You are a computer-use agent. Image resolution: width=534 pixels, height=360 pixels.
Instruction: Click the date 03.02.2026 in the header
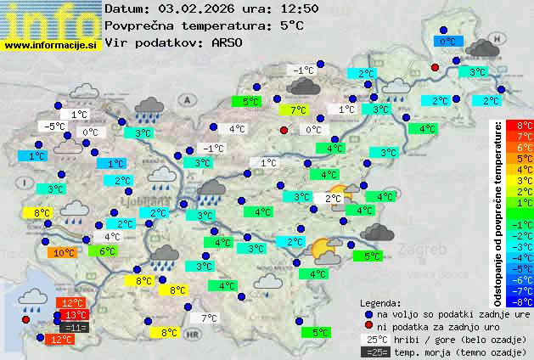(194, 8)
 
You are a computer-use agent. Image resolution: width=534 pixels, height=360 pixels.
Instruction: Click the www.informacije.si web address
(50, 45)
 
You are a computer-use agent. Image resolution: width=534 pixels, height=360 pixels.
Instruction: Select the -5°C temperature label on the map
(55, 126)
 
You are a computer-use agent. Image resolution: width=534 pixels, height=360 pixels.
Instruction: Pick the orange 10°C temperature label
(62, 252)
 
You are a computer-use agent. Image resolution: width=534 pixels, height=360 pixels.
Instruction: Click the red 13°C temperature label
(75, 315)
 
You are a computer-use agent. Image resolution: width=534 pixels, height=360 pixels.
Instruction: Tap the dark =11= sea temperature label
(74, 327)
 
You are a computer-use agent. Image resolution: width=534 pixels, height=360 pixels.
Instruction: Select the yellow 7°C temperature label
(297, 110)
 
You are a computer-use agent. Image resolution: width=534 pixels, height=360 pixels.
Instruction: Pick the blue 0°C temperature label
(447, 41)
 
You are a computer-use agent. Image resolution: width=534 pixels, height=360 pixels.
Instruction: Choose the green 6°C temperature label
(107, 251)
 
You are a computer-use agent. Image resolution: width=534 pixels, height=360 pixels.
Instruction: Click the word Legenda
(380, 302)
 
